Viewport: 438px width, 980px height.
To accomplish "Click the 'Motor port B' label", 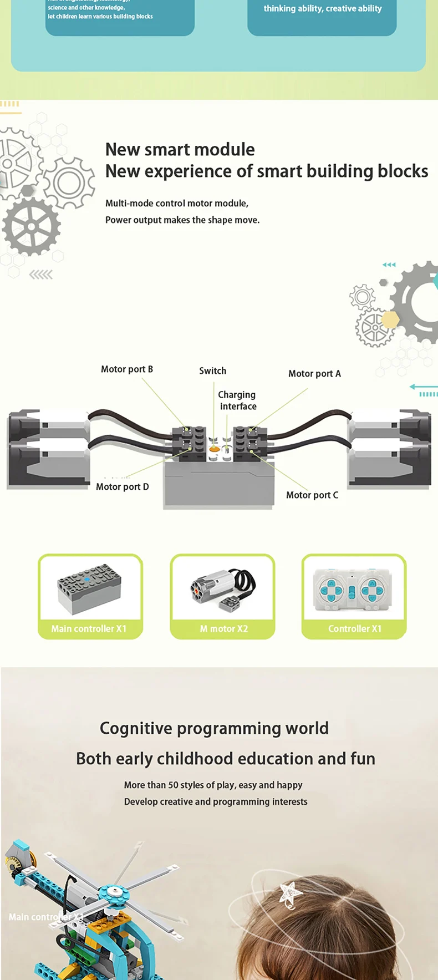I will [x=126, y=369].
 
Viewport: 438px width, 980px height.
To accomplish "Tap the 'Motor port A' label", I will [x=314, y=374].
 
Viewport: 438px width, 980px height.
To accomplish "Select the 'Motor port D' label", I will [x=122, y=487].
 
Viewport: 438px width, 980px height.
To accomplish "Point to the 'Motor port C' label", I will [x=312, y=495].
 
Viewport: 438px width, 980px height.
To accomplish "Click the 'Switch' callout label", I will [x=212, y=371].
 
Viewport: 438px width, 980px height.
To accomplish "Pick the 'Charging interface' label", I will [x=237, y=400].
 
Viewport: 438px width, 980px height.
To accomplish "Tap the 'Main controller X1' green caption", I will [x=89, y=629].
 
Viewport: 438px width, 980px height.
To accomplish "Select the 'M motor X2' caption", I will [x=223, y=629].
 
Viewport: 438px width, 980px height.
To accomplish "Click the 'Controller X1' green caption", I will [x=354, y=629].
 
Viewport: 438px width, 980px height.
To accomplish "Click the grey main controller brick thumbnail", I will [x=89, y=588].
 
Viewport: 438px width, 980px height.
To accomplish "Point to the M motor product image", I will [x=222, y=588].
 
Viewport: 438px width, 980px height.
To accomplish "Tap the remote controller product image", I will [x=353, y=590].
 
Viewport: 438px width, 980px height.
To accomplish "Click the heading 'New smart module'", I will [x=180, y=150].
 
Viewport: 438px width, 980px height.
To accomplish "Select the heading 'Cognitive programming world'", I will [x=214, y=728].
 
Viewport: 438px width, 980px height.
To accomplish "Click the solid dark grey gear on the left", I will [x=31, y=226].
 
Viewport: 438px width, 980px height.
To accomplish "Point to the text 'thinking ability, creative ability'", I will [x=322, y=9].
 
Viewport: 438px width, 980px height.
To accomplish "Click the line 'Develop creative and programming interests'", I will [x=215, y=802].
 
